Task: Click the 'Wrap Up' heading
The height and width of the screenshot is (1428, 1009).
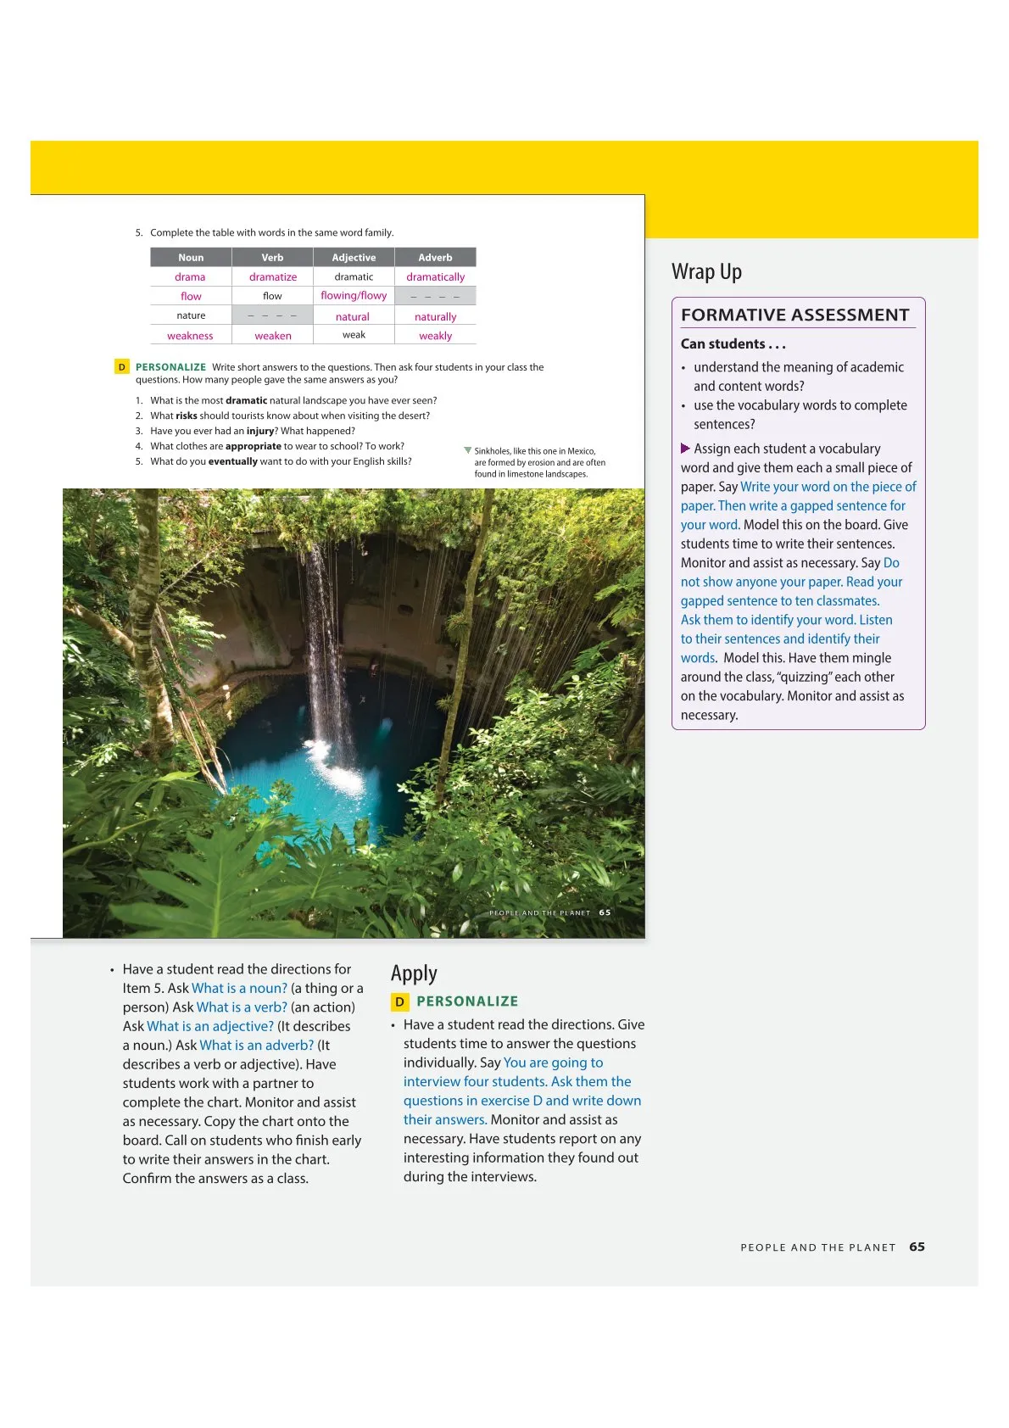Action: [706, 271]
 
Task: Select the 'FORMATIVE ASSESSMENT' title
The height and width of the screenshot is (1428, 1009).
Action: [794, 315]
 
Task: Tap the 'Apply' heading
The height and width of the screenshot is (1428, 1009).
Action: [414, 973]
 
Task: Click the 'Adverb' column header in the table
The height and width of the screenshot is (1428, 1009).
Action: [435, 258]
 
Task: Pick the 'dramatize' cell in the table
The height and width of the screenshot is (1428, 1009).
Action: [273, 277]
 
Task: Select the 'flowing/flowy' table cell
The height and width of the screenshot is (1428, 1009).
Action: [354, 296]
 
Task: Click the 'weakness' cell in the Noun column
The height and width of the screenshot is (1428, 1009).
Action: [190, 336]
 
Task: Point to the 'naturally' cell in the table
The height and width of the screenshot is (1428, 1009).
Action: [435, 317]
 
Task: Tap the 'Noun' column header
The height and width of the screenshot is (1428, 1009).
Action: [191, 258]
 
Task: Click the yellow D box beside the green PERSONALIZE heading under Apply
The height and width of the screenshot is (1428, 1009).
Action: [399, 1001]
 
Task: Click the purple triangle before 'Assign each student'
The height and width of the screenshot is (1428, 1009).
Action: [685, 449]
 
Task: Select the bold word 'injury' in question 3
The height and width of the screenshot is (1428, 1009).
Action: [260, 431]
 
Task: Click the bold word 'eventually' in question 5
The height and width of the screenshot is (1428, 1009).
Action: [233, 461]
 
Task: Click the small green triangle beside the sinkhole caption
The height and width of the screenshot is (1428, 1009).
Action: [467, 450]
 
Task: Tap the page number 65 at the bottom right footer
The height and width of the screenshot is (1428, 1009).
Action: [917, 1247]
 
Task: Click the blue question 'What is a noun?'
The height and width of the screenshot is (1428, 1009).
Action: [239, 988]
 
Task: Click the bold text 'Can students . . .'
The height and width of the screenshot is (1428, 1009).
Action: [733, 343]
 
